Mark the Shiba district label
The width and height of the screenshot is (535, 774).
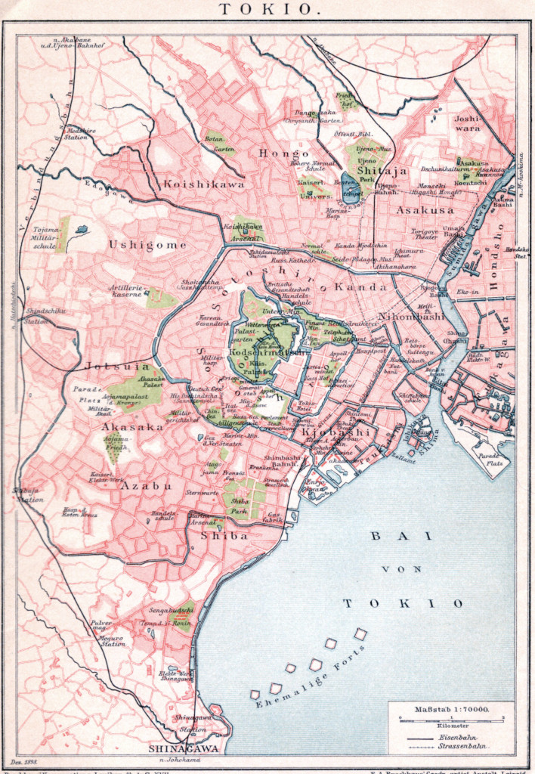point(224,535)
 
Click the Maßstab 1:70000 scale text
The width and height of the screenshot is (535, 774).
point(451,710)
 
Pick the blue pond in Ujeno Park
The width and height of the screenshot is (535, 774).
point(351,186)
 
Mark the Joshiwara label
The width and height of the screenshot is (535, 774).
point(468,123)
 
